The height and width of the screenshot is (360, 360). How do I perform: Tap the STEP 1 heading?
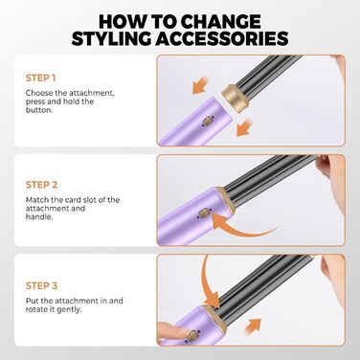pos(41,78)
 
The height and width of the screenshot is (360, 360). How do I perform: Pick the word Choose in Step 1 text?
pos(41,93)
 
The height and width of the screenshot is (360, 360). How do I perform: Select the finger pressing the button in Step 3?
pos(168,328)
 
